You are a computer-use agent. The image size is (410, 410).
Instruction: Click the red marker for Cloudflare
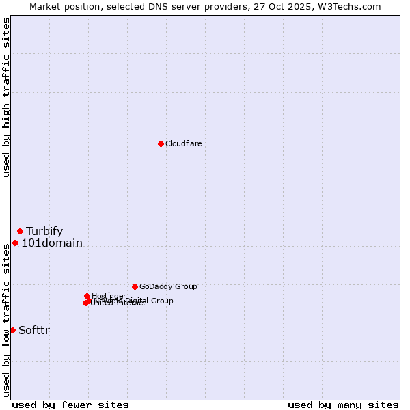[161, 143]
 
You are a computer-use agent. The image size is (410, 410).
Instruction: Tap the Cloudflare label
[183, 143]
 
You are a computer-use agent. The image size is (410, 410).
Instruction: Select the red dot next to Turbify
[20, 231]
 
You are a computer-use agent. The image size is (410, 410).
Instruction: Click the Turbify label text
[44, 231]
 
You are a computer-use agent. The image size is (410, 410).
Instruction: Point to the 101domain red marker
[15, 243]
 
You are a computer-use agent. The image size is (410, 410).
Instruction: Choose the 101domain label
[52, 243]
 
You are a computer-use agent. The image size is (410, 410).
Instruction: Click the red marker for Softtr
[12, 330]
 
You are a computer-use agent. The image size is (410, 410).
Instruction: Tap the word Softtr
[34, 330]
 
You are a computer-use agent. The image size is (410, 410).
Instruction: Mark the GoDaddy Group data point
[135, 286]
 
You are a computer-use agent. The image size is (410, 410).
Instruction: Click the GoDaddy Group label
[168, 286]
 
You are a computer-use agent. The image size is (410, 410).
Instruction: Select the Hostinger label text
[109, 296]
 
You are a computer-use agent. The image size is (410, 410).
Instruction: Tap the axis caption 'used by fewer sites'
[70, 405]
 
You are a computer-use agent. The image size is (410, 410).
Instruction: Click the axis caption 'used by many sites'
[343, 405]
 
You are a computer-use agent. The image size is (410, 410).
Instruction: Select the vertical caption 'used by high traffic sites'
[6, 97]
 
